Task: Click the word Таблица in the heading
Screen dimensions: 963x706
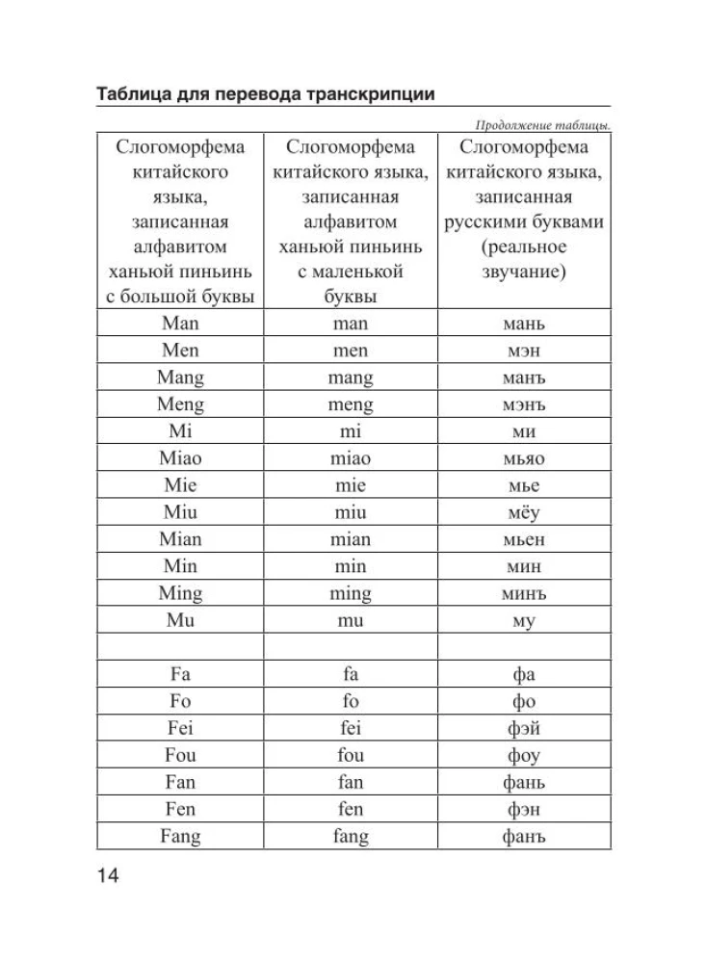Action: click(134, 94)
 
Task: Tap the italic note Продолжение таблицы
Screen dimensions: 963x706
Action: click(544, 125)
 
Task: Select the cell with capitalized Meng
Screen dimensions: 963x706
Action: click(180, 404)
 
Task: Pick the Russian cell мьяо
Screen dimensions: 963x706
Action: click(523, 458)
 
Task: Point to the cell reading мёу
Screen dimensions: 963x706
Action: click(523, 512)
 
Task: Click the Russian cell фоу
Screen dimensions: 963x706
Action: click(523, 756)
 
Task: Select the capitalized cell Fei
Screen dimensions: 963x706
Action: click(180, 729)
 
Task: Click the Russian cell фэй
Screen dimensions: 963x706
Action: click(523, 729)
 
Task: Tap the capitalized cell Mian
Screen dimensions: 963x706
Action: click(180, 539)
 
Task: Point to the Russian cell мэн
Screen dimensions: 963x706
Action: click(523, 351)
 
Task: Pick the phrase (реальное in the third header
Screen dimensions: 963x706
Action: click(523, 247)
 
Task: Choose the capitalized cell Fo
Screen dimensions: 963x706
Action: click(180, 701)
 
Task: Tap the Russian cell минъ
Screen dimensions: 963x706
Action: click(523, 593)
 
